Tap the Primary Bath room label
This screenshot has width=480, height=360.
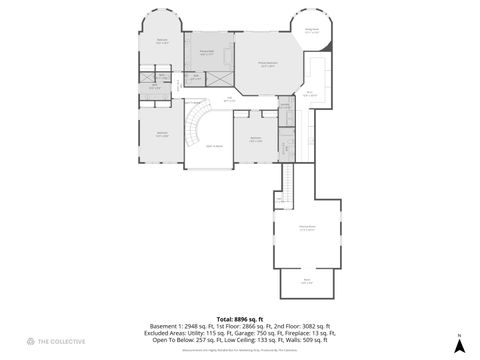pyautogui.click(x=208, y=53)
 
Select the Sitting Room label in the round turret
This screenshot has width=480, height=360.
pyautogui.click(x=312, y=30)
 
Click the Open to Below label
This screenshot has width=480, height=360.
pyautogui.click(x=214, y=146)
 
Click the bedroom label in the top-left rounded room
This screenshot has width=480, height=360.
pyautogui.click(x=162, y=42)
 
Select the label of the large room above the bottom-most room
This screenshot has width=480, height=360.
pyautogui.click(x=295, y=229)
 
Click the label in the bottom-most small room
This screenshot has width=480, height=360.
pyautogui.click(x=294, y=281)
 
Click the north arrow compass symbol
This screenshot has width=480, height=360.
pyautogui.click(x=457, y=343)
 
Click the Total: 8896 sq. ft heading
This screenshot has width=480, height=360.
pyautogui.click(x=239, y=319)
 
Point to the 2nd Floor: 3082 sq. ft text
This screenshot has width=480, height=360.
pyautogui.click(x=301, y=325)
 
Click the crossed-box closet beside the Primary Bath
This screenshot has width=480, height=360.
pyautogui.click(x=196, y=75)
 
